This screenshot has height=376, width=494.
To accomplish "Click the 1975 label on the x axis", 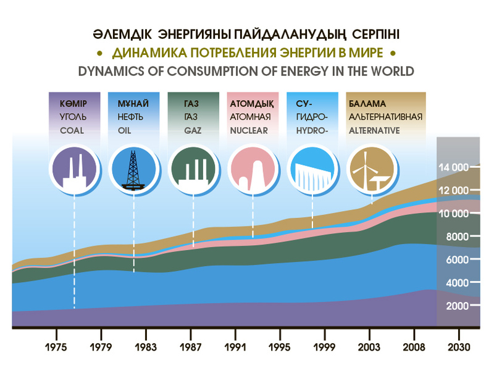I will click(56, 347).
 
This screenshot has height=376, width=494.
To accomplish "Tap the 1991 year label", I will click(235, 347).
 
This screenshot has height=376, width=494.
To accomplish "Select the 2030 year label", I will click(458, 347).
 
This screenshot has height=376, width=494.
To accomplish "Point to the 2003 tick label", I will click(369, 347).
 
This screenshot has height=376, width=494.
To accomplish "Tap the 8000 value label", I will click(455, 237).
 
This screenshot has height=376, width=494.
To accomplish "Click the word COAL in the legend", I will click(72, 131).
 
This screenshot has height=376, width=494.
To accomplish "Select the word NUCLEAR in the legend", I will click(248, 131).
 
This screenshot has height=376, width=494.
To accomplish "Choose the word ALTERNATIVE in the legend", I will click(374, 131).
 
